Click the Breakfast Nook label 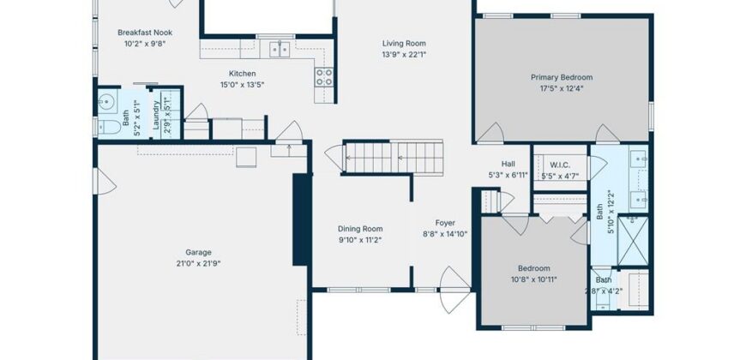[x=145, y=33]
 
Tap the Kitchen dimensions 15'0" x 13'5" [x=242, y=85]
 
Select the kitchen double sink [x=280, y=49]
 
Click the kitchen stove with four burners [x=324, y=77]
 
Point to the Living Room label [x=404, y=44]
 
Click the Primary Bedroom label [x=562, y=77]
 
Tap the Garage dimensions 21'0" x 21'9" [x=198, y=263]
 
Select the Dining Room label [x=360, y=229]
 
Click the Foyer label [x=445, y=223]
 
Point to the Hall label [x=508, y=164]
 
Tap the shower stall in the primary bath [x=633, y=241]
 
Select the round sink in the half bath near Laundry [x=106, y=101]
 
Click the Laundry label [x=156, y=115]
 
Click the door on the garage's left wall [x=105, y=181]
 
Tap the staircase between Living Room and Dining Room [x=394, y=157]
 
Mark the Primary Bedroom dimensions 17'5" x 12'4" [x=562, y=88]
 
